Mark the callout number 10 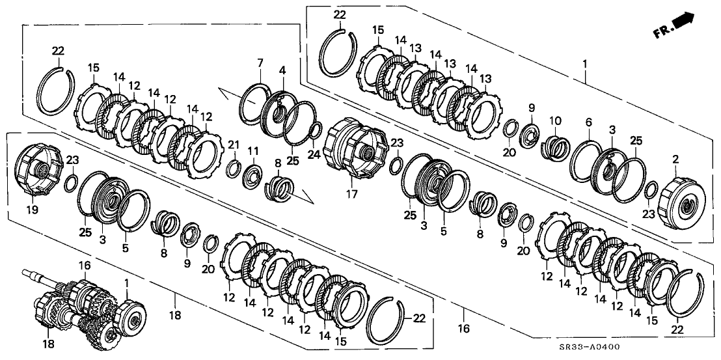pyautogui.click(x=555, y=120)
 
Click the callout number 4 pyautogui.click(x=282, y=69)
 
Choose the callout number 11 pyautogui.click(x=252, y=152)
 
